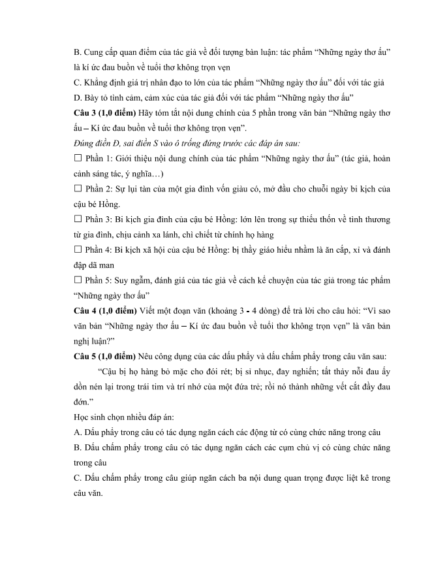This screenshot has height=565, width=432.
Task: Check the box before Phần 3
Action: pyautogui.click(x=78, y=219)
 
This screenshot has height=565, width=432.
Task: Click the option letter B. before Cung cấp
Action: pyautogui.click(x=78, y=50)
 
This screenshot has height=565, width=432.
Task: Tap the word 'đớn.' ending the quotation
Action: pyautogui.click(x=85, y=404)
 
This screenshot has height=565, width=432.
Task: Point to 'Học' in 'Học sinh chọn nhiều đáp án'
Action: pyautogui.click(x=83, y=419)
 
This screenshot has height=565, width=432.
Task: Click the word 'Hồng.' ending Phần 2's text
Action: pyautogui.click(x=108, y=204)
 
